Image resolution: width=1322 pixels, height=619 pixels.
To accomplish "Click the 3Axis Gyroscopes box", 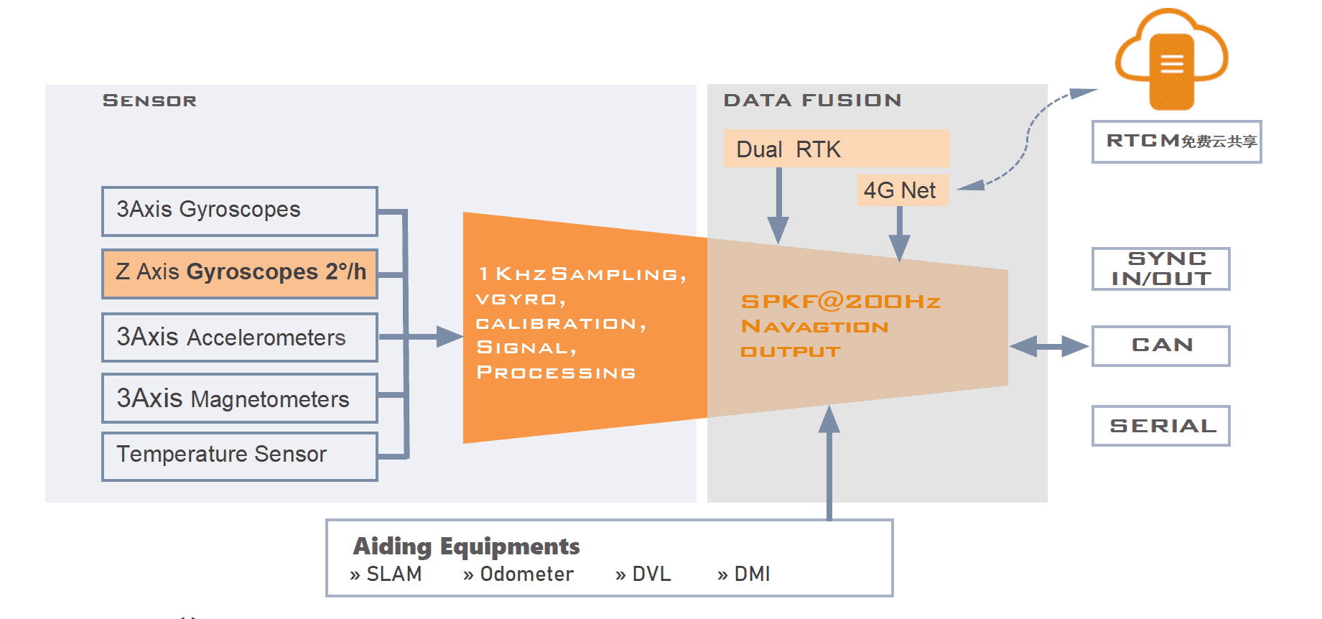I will (x=239, y=211).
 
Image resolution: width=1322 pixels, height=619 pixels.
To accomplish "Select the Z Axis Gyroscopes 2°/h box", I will (x=239, y=274).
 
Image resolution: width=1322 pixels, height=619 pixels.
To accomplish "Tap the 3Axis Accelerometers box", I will (x=239, y=337).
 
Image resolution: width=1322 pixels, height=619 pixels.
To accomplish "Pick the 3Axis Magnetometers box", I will (x=239, y=398).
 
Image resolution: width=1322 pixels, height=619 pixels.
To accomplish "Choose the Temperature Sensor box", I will (x=239, y=455).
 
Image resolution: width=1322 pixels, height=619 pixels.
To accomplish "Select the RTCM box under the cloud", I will (x=1176, y=141).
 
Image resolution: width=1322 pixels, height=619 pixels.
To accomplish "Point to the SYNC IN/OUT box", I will (x=1160, y=269).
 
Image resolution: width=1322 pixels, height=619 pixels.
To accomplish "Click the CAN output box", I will (x=1160, y=345).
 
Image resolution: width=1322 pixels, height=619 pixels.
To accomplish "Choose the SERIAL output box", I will (x=1160, y=425).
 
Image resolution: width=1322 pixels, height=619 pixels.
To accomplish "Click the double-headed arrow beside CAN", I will (x=1049, y=346).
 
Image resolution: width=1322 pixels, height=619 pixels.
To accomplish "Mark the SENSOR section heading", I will (x=149, y=101).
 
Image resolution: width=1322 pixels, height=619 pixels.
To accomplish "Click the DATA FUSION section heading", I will (x=812, y=101).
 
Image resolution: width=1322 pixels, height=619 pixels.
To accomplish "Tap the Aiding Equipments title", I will (x=466, y=546).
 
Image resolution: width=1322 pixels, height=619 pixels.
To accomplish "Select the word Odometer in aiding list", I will (x=526, y=574).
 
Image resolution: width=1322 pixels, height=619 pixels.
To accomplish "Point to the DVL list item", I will (x=651, y=574).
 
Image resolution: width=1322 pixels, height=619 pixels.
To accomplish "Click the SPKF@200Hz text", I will (x=840, y=302).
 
